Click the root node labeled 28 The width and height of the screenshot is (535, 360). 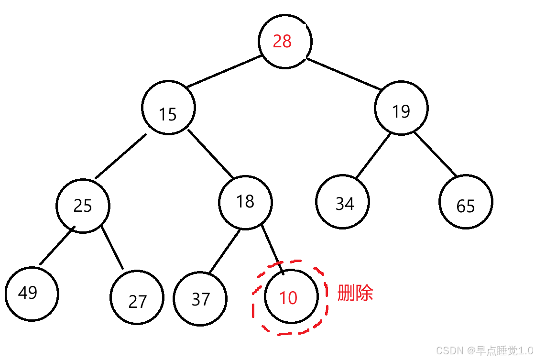click(285, 42)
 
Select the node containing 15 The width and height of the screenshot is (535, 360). click(168, 108)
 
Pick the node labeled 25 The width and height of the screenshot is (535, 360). click(83, 206)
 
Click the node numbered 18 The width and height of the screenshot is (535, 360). click(245, 202)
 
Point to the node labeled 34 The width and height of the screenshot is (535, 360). click(343, 202)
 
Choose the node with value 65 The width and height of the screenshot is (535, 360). click(466, 202)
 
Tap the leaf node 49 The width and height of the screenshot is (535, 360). click(32, 293)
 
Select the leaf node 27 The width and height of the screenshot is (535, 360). click(137, 297)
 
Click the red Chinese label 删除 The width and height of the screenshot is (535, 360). click(355, 293)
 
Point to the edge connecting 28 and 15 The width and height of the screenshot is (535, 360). click(224, 72)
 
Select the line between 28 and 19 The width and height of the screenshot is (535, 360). click(343, 74)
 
